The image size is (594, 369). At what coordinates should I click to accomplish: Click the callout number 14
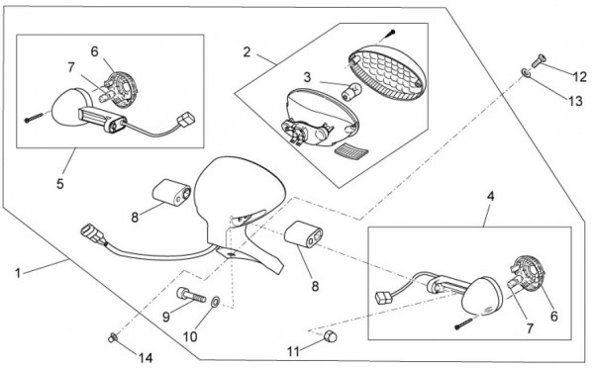(146, 358)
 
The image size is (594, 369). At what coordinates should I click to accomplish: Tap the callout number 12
(579, 77)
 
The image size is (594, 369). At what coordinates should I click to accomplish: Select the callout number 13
(575, 101)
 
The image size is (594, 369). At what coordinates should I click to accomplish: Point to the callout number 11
(293, 352)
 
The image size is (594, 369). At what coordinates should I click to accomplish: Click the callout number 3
(307, 77)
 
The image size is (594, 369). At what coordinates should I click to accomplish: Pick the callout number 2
(247, 52)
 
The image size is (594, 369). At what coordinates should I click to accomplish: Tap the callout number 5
(60, 184)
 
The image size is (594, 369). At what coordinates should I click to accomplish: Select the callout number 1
(18, 273)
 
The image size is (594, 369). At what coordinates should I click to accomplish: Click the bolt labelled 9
(191, 295)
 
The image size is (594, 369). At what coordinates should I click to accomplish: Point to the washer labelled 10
(215, 302)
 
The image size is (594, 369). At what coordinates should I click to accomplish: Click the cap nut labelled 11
(331, 335)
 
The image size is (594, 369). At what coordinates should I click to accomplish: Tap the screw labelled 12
(540, 60)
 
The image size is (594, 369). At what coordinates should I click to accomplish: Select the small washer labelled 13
(526, 72)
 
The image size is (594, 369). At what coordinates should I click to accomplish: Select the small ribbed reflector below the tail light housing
(351, 150)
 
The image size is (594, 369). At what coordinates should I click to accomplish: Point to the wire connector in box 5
(186, 120)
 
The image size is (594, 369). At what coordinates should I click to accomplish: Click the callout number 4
(491, 196)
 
